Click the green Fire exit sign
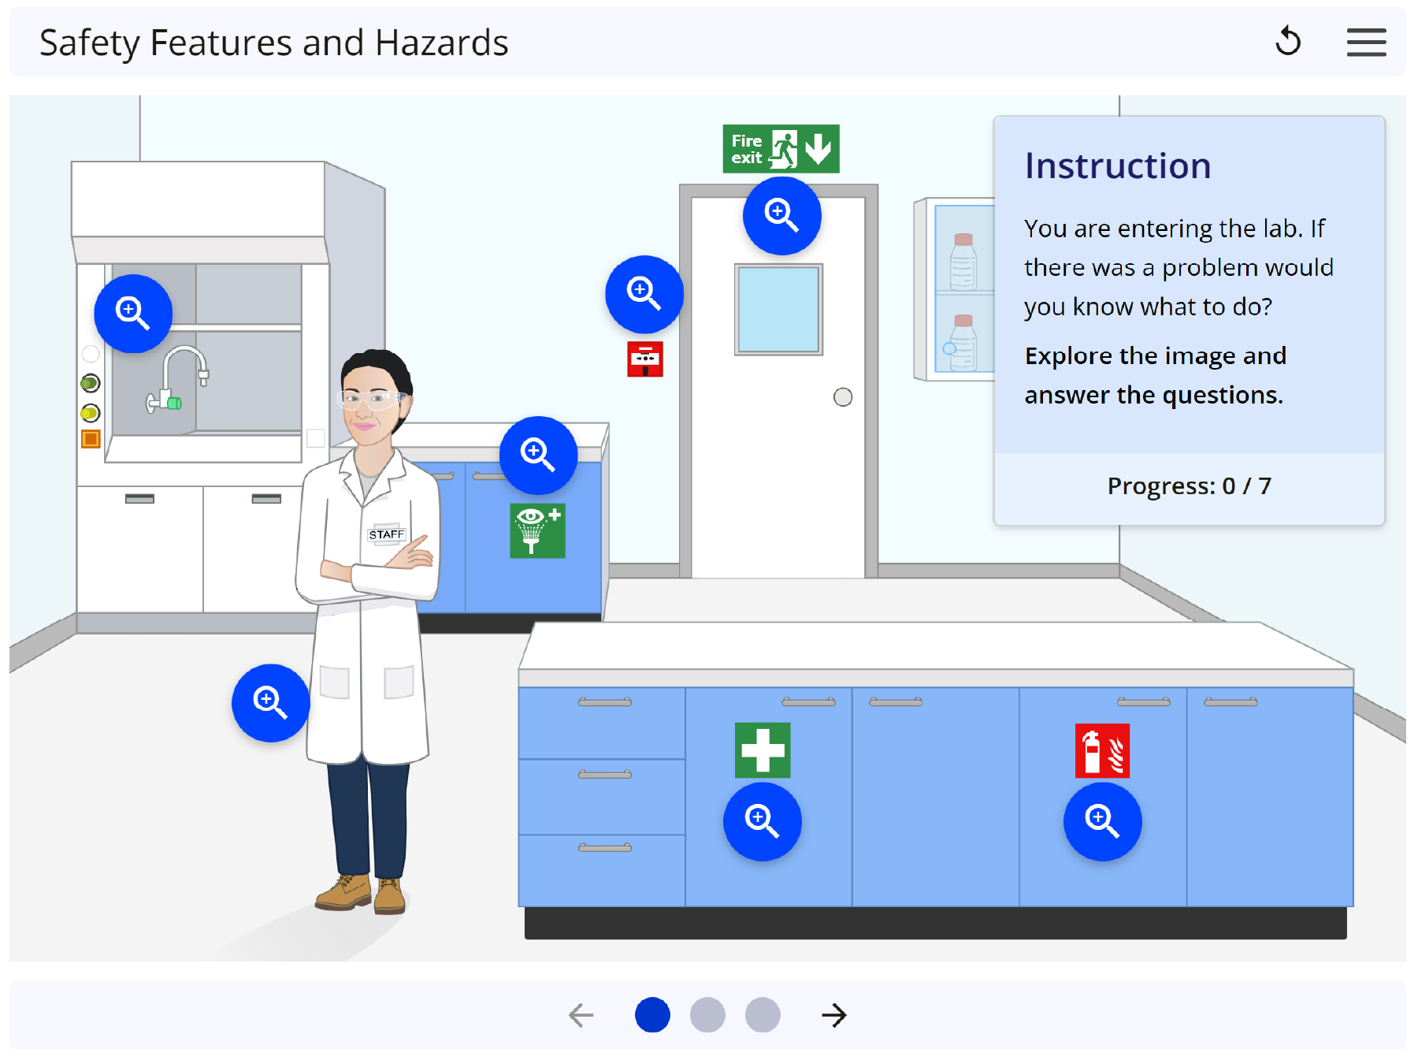point(781,149)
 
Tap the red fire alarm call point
point(645,359)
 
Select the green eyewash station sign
point(537,530)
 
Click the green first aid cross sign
point(763,750)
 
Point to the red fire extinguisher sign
point(1103,750)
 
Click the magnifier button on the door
point(782,216)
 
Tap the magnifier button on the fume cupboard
point(133,314)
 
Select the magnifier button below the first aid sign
point(763,821)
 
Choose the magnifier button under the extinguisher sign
point(1103,821)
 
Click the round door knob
point(843,397)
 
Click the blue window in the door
point(779,310)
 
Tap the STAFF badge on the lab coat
point(387,534)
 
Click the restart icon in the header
point(1289,42)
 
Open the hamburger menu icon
point(1367,43)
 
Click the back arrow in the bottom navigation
point(581,1015)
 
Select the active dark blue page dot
point(653,1015)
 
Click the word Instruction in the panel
point(1118,166)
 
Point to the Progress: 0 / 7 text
point(1190,486)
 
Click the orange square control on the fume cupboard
point(91,439)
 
